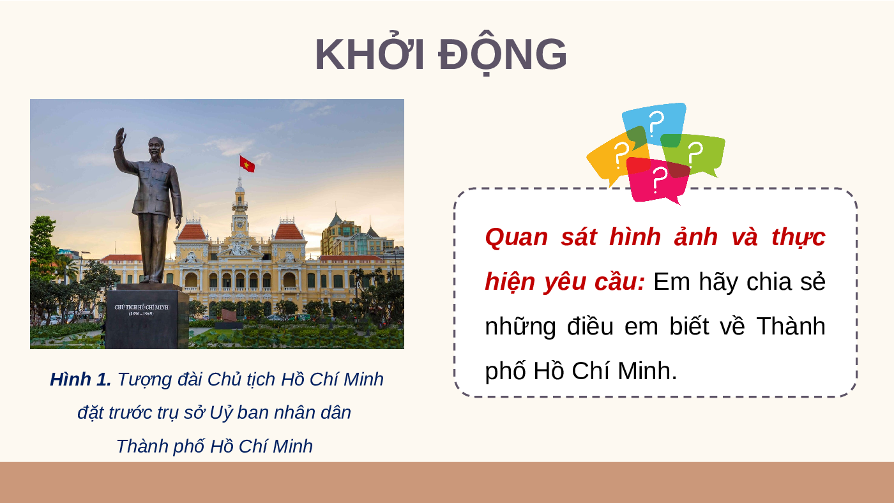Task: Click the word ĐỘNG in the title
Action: tap(503, 55)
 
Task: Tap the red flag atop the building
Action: tap(247, 163)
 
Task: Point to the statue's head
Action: tap(155, 147)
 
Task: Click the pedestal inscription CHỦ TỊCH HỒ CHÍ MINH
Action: tap(141, 307)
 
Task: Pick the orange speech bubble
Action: tap(614, 158)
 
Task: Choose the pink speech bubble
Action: tap(658, 180)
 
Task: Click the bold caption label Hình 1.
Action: tap(80, 379)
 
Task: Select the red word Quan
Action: tap(517, 237)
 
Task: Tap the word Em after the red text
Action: tap(672, 282)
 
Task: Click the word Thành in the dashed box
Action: tap(791, 326)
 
